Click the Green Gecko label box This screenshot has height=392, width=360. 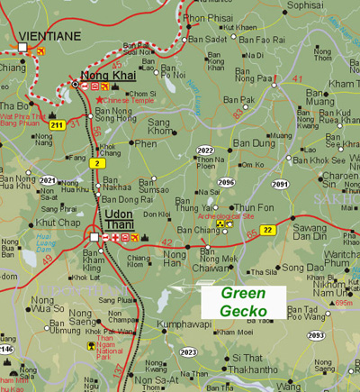pos(238,302)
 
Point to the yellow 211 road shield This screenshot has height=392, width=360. pos(56,125)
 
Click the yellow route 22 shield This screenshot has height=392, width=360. pos(267,231)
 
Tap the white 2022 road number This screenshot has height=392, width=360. pos(206,150)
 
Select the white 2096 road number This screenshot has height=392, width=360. pos(227,182)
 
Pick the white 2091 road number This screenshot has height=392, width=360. pos(280,184)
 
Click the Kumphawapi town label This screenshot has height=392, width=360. pos(184,322)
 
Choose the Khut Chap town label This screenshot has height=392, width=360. pos(58,223)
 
